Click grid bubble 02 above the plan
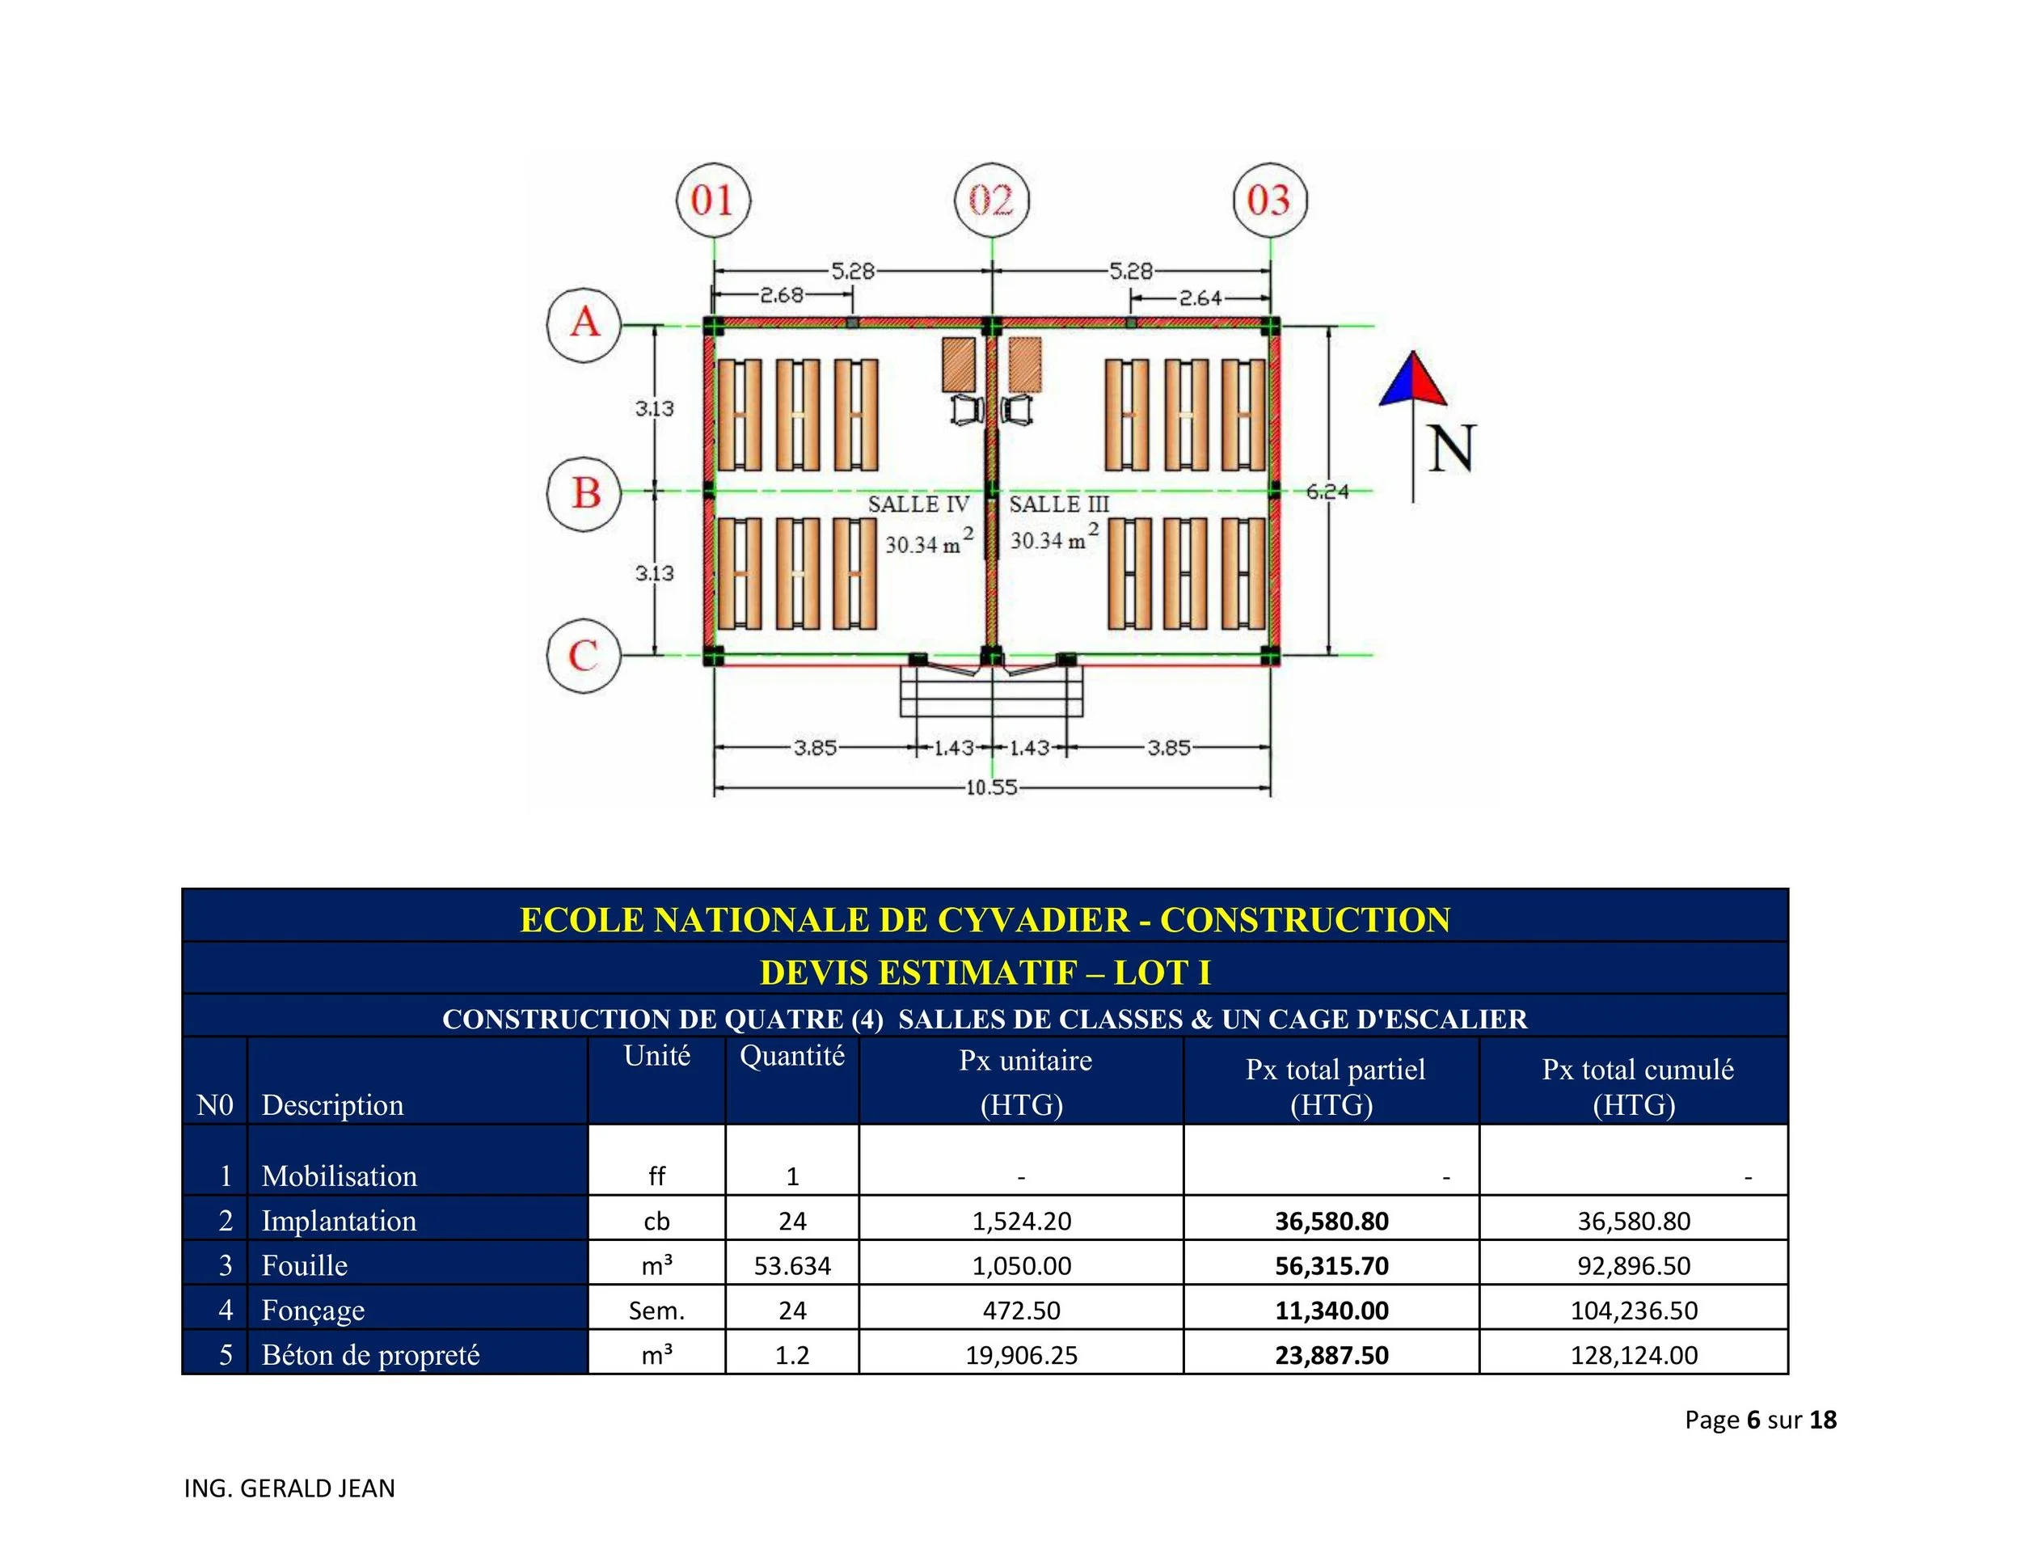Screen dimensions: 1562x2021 click(991, 200)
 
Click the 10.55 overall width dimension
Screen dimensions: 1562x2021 click(991, 787)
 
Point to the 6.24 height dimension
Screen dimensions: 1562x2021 click(1327, 492)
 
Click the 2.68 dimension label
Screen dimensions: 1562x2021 click(782, 295)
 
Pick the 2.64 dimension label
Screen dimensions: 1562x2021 click(1200, 298)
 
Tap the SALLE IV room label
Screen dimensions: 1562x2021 click(918, 504)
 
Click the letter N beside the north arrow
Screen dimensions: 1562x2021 click(1451, 450)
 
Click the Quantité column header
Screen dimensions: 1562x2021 click(792, 1056)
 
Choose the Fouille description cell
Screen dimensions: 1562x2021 click(305, 1265)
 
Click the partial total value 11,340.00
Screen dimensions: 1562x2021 click(1331, 1311)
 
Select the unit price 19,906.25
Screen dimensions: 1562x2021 click(1022, 1355)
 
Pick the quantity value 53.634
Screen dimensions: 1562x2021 click(792, 1265)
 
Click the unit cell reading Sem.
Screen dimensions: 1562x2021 click(656, 1311)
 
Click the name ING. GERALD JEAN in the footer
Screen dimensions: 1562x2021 click(289, 1488)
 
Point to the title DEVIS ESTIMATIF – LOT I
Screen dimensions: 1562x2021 click(985, 973)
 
